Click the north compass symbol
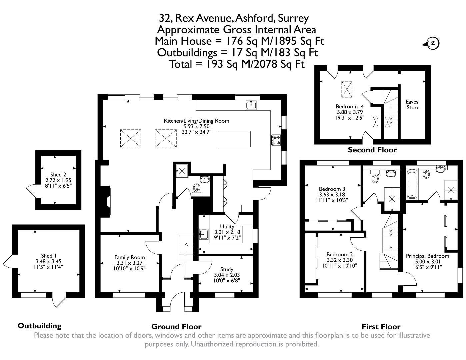432,43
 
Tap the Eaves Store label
412,104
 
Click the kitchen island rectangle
234,139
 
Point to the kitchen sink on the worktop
251,105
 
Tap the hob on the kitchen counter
276,140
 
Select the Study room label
227,269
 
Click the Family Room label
130,257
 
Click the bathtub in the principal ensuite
412,184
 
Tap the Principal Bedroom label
427,256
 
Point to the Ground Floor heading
176,326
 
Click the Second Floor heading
372,150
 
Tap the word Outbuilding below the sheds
39,326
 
